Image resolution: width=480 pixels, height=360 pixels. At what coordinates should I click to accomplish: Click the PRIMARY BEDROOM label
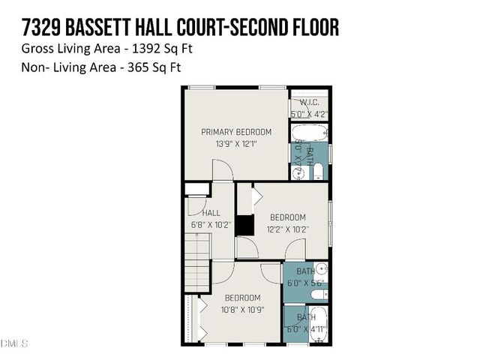point(236,132)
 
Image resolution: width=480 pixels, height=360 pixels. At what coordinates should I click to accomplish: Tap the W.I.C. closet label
point(309,103)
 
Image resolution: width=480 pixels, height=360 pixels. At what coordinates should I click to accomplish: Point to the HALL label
point(211,213)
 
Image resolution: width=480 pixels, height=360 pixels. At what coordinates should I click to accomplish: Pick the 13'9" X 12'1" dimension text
point(236,144)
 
